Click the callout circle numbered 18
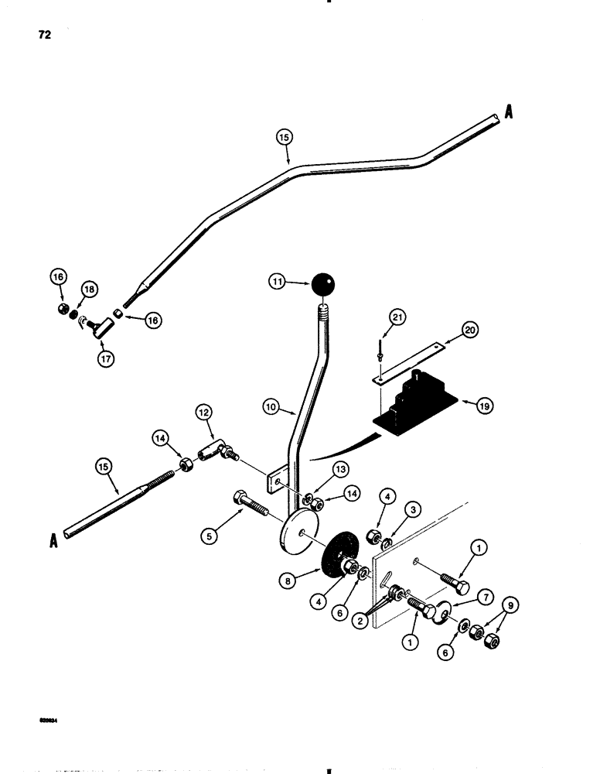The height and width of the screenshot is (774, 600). click(x=90, y=289)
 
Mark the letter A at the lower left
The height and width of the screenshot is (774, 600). click(x=54, y=542)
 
